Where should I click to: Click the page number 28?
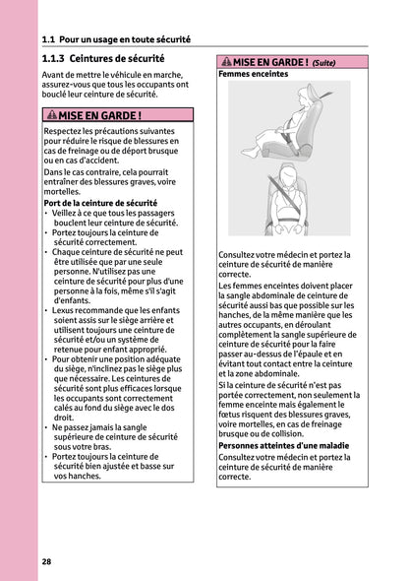[47, 560]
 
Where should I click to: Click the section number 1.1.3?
[59, 59]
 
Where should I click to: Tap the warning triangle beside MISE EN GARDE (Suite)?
[225, 62]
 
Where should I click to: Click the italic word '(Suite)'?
[323, 63]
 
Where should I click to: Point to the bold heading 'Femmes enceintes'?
[253, 74]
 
